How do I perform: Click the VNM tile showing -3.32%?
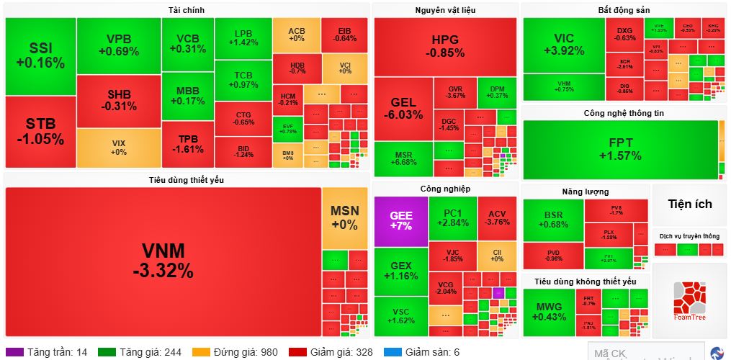pos(163,260)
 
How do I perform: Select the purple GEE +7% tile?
pos(400,220)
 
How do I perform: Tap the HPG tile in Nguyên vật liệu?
pos(444,46)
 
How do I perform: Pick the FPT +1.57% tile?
pos(619,149)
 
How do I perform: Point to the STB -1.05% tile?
pos(40,131)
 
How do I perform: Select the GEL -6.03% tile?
pos(403,108)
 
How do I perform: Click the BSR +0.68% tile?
pos(553,220)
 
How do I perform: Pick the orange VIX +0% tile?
pos(119,148)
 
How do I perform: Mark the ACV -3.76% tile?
pos(497,217)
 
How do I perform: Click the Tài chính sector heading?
pos(187,10)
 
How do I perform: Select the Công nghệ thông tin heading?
pos(624,113)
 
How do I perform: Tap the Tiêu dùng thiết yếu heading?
pos(187,179)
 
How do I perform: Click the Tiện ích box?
pos(689,204)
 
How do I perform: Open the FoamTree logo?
pos(689,300)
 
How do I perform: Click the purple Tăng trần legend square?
pos(19,352)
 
